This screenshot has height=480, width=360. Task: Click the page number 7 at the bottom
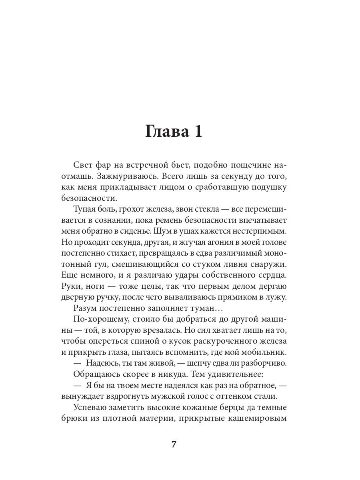[x=174, y=444]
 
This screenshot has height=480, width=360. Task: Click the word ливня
[x=231, y=264]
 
